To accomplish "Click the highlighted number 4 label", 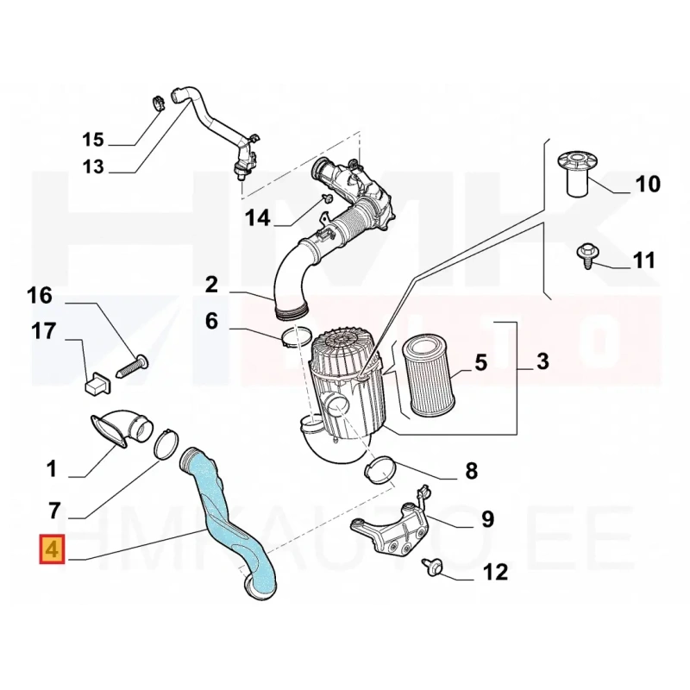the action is pyautogui.click(x=52, y=549).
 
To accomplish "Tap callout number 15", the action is pyautogui.click(x=93, y=140).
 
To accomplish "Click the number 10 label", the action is pyautogui.click(x=649, y=184).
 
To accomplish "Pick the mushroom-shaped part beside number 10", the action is pyautogui.click(x=578, y=174).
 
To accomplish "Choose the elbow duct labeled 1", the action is pyautogui.click(x=122, y=428).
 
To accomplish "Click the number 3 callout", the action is pyautogui.click(x=543, y=361).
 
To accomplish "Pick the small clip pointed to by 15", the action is pyautogui.click(x=158, y=103).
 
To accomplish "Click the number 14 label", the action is pyautogui.click(x=257, y=218).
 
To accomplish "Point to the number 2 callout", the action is pyautogui.click(x=211, y=285).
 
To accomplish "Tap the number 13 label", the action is pyautogui.click(x=93, y=166).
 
